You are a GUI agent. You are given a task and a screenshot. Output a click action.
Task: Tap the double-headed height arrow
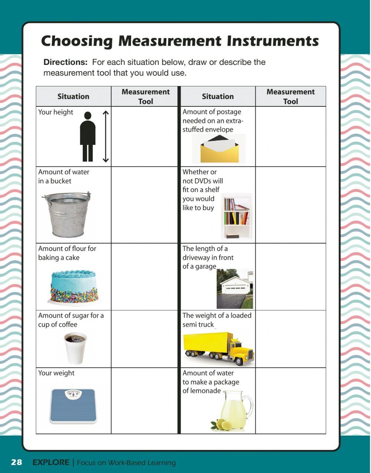[x=106, y=136]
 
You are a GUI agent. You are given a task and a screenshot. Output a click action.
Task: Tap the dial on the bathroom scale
[x=73, y=394]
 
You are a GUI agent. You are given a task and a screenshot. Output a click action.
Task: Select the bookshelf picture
[x=237, y=217]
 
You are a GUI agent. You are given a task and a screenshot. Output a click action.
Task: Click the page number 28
[x=16, y=462]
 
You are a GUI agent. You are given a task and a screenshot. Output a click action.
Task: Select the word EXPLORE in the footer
[x=51, y=462]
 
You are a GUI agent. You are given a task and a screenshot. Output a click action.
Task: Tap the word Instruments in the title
[x=273, y=41]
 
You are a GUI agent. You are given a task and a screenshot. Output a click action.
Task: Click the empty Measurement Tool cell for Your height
[x=145, y=136]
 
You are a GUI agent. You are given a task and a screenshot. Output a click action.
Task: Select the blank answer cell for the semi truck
[x=290, y=339]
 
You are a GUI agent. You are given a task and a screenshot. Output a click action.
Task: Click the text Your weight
[x=56, y=373]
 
